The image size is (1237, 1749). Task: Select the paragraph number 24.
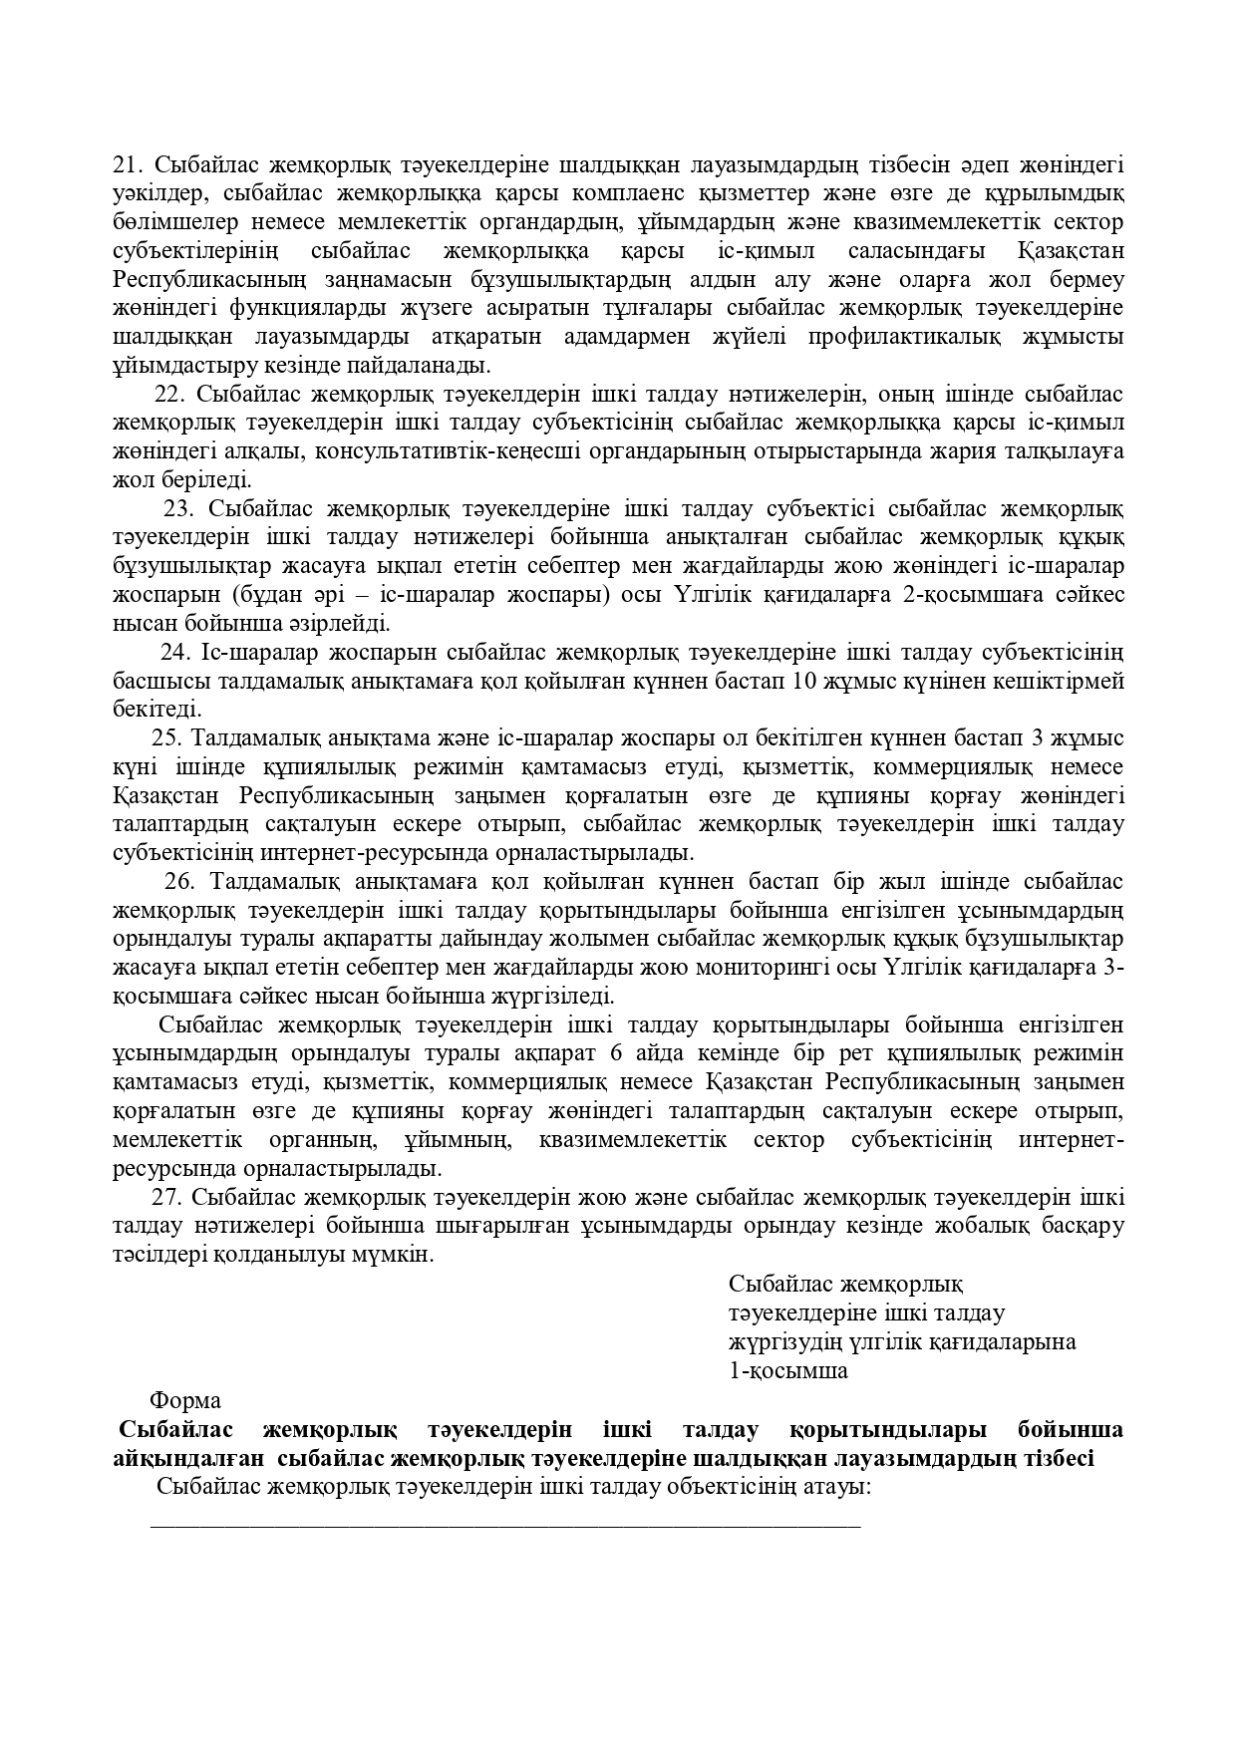point(175,653)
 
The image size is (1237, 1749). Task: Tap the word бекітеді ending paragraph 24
point(157,711)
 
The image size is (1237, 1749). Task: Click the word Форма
point(185,1400)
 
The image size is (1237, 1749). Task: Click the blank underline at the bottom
point(504,1525)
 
